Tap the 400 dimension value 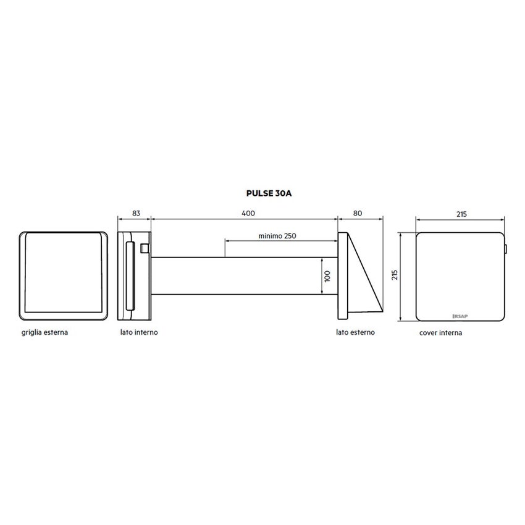point(248,213)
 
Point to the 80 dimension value point(358,213)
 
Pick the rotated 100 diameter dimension point(327,276)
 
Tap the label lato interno point(138,332)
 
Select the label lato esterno point(355,332)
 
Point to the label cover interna point(440,332)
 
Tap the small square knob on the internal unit point(145,248)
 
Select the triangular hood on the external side point(364,278)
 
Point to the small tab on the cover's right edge point(506,250)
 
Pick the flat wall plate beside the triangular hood point(342,276)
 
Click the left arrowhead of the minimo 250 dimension point(227,241)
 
